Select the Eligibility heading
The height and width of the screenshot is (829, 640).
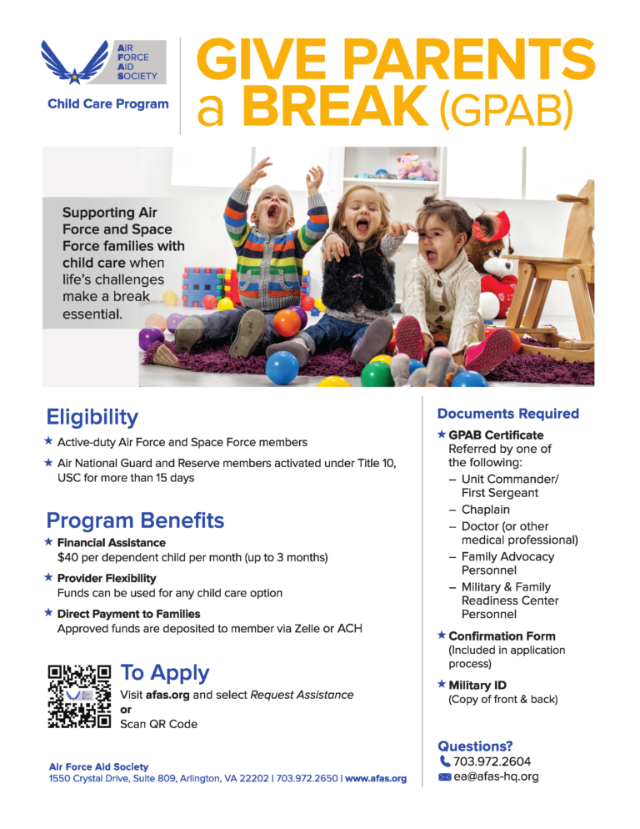point(92,417)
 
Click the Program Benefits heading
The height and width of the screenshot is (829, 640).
point(135,520)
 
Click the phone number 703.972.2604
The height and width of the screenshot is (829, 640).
point(492,761)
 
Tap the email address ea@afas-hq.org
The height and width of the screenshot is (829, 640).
point(496,776)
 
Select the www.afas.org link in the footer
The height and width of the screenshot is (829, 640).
point(376,778)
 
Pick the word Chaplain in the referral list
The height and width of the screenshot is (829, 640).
point(485,510)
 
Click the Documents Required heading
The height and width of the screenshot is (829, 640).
point(507,414)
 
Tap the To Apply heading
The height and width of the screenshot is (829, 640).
point(165,672)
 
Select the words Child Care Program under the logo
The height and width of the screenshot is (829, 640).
point(108,104)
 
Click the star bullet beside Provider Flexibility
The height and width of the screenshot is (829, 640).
point(48,577)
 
